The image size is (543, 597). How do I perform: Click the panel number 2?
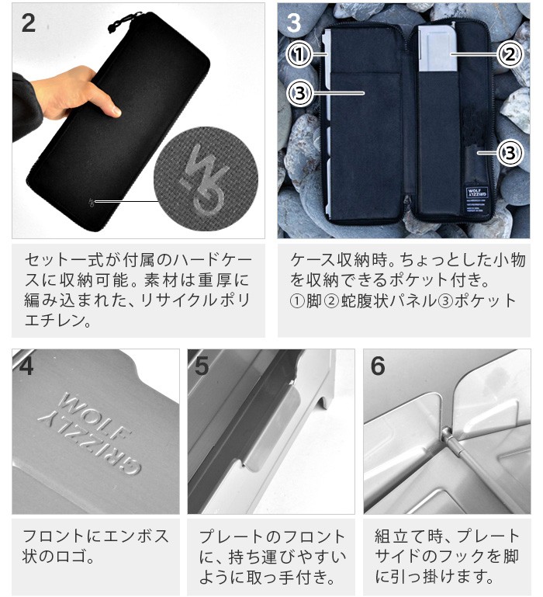pos(29,23)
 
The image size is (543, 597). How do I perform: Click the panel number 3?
pos(293,23)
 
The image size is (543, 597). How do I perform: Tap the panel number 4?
pos(26,366)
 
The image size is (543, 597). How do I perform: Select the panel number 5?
pos(202,366)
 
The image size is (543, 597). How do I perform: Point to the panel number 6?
pos(378,366)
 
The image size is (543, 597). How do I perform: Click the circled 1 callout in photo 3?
pos(299,54)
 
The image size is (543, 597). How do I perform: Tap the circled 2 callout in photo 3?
pos(510,54)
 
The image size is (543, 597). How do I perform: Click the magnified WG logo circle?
pos(206,179)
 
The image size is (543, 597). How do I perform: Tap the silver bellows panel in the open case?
pos(438,48)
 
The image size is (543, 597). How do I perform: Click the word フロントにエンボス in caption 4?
pos(95,536)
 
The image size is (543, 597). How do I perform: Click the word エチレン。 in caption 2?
pos(58,320)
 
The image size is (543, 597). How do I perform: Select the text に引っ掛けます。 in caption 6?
pos(434,577)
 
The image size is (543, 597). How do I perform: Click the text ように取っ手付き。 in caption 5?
pos(267,577)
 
